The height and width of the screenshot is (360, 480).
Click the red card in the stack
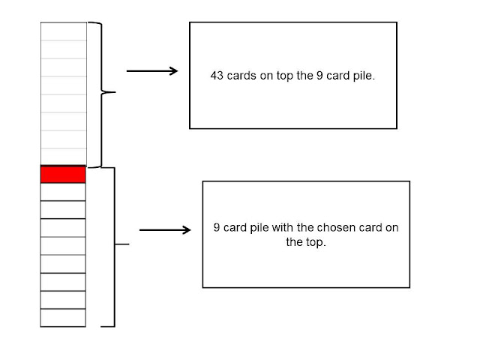[63, 175]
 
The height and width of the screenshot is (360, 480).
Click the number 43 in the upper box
[217, 76]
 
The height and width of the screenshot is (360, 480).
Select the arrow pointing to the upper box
[152, 71]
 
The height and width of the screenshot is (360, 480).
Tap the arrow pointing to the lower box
[165, 230]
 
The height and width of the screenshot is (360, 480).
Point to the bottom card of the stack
[63, 317]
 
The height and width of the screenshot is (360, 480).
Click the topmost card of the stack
[63, 31]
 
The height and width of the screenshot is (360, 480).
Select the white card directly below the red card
[63, 192]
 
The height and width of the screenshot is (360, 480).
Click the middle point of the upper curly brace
[114, 93]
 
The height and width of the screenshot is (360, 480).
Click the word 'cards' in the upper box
[241, 76]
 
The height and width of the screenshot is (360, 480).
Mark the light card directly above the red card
[63, 156]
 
